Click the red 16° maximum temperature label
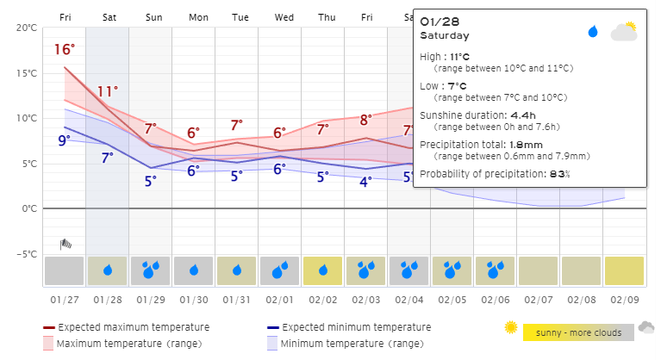(x=65, y=49)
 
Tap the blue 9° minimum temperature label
(x=64, y=140)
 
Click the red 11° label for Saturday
(x=108, y=91)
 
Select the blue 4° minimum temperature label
(x=365, y=182)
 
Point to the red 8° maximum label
(x=366, y=120)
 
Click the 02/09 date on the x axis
(x=625, y=300)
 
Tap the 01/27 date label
(x=65, y=300)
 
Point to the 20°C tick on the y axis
(x=27, y=28)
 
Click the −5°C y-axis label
(x=27, y=254)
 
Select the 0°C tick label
(x=29, y=208)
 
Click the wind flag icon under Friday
(x=65, y=245)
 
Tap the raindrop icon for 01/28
(x=108, y=270)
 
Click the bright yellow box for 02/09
(x=624, y=270)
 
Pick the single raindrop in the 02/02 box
(x=323, y=270)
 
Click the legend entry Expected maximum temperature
(x=127, y=327)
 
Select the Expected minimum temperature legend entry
(x=349, y=327)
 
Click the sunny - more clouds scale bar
(x=578, y=332)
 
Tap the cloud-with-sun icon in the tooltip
(x=624, y=31)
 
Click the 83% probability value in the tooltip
(x=560, y=174)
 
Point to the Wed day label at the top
(x=284, y=17)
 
